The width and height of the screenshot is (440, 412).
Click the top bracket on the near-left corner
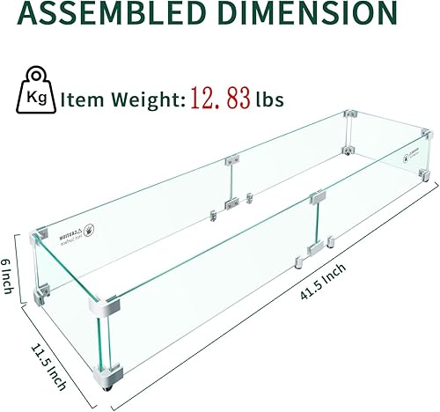[x=39, y=232]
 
